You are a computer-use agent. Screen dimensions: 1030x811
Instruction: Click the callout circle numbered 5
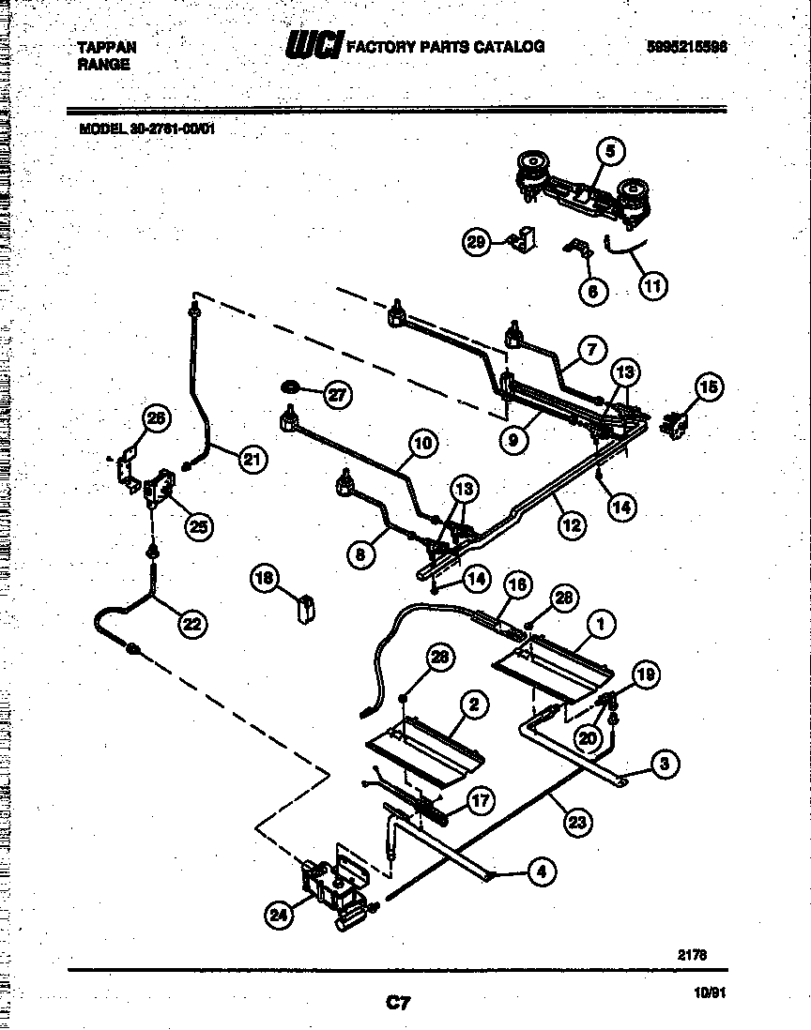click(610, 150)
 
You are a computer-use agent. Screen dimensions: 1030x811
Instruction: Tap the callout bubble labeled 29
click(476, 243)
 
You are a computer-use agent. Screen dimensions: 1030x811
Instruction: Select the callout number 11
click(652, 284)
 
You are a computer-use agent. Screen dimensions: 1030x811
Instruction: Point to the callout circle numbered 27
click(336, 395)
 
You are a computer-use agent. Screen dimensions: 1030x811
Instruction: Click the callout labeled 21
click(251, 459)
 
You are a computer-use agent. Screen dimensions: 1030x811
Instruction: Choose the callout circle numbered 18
click(266, 579)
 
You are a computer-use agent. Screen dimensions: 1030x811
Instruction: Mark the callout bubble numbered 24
click(279, 916)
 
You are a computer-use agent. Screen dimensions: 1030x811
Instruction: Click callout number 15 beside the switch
click(709, 386)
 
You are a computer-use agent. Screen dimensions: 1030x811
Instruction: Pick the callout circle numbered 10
click(422, 444)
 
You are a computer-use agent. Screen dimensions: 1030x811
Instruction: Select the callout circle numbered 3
click(664, 765)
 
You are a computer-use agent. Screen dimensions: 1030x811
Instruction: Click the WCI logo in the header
click(314, 46)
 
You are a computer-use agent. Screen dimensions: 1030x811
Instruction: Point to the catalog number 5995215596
click(687, 47)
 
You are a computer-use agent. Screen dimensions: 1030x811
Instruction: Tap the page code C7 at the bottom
click(398, 1004)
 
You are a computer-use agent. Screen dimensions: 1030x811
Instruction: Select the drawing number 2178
click(692, 955)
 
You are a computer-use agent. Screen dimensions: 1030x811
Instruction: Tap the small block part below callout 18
click(304, 610)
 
